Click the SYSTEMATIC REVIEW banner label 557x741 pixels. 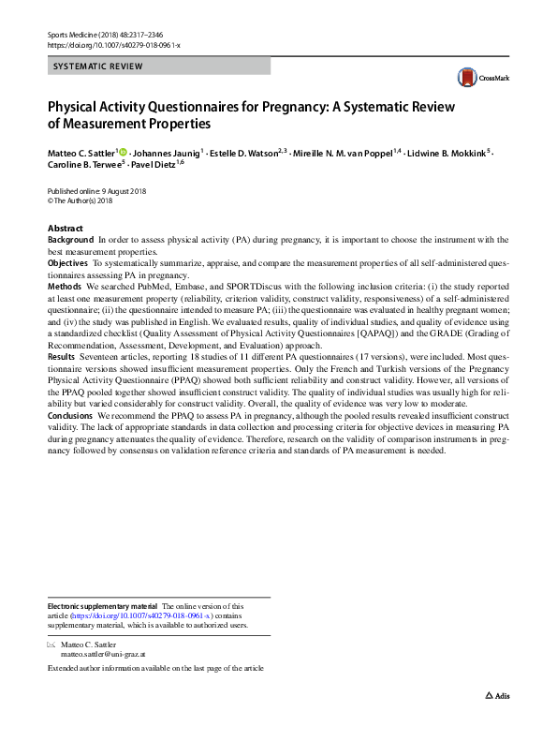(98, 67)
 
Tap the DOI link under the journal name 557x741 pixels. (113, 45)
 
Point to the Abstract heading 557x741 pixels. (65, 229)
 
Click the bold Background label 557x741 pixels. (70, 241)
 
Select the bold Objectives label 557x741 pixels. (68, 265)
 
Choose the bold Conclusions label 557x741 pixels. (71, 415)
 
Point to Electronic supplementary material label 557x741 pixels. (102, 607)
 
